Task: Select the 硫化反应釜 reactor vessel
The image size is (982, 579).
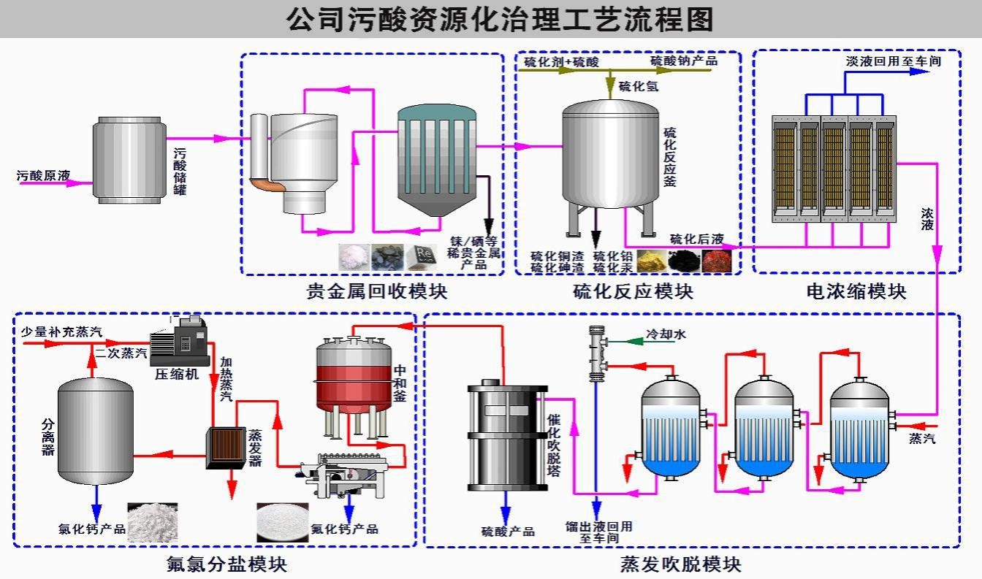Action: click(x=609, y=155)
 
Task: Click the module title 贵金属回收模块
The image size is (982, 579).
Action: click(x=376, y=292)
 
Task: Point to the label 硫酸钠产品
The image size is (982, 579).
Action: click(x=684, y=61)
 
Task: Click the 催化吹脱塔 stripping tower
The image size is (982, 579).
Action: click(x=503, y=435)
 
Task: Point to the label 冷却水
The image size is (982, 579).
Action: click(x=666, y=334)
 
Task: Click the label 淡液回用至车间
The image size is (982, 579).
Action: click(x=893, y=61)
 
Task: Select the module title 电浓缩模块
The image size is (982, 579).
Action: click(x=856, y=292)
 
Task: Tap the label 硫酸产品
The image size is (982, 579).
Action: click(x=508, y=532)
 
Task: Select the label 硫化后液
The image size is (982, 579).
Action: click(x=697, y=239)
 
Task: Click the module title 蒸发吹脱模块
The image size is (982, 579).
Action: click(x=680, y=564)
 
